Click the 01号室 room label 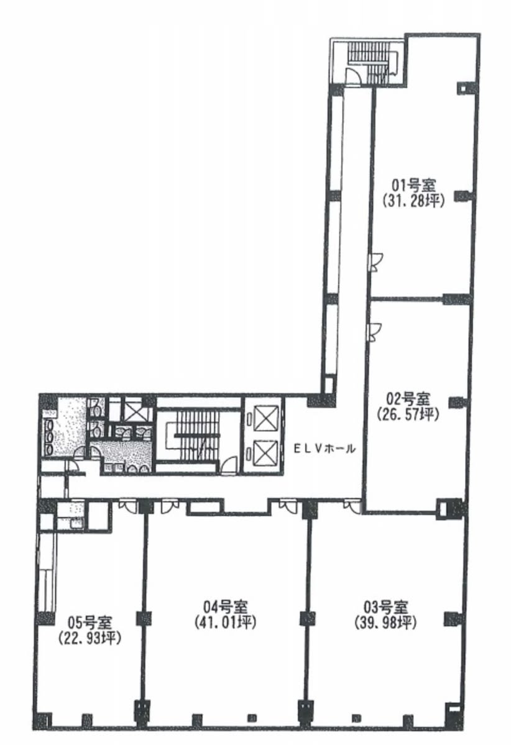click(x=413, y=185)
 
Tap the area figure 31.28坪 click(x=413, y=201)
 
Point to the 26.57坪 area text click(x=408, y=414)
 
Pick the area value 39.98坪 click(x=385, y=623)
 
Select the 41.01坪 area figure click(x=225, y=623)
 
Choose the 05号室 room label click(x=90, y=621)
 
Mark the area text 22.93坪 click(x=90, y=638)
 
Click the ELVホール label click(x=324, y=448)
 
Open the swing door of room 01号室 click(x=377, y=262)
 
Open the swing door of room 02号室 click(x=375, y=332)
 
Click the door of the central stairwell click(x=229, y=464)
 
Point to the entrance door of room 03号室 click(x=352, y=505)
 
